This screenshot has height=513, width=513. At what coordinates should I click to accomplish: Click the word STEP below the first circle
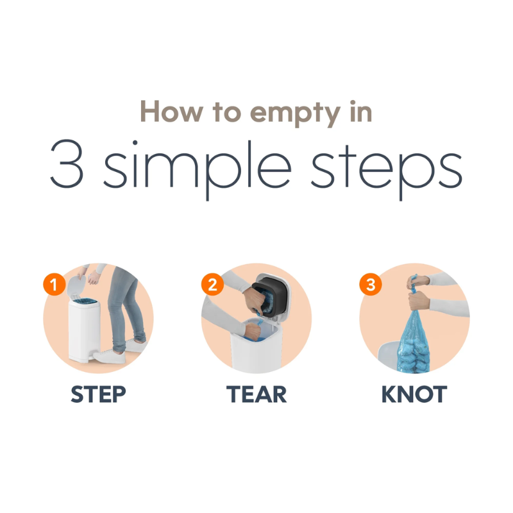click(x=99, y=394)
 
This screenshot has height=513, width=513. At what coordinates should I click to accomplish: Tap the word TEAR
click(x=256, y=394)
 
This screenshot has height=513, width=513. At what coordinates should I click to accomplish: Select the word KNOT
click(x=414, y=394)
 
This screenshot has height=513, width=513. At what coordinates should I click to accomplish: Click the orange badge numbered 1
click(x=54, y=284)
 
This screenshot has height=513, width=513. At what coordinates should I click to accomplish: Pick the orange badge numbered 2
click(x=212, y=284)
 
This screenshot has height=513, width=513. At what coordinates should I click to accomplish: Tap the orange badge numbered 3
click(x=371, y=284)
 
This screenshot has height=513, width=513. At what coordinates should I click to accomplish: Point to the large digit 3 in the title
click(x=67, y=164)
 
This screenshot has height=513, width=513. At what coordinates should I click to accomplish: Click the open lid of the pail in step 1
click(x=76, y=285)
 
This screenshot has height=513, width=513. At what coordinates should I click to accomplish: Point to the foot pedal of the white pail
click(x=95, y=356)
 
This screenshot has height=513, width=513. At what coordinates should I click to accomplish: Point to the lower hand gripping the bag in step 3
click(x=419, y=301)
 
